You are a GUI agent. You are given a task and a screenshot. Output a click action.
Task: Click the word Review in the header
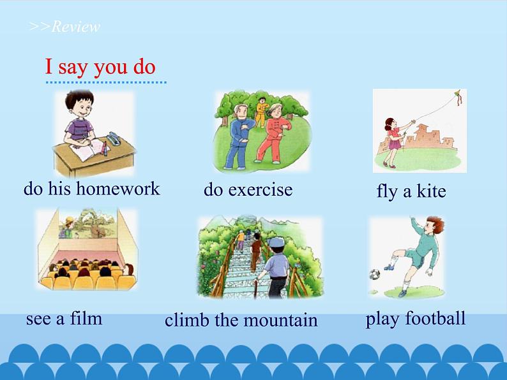75,27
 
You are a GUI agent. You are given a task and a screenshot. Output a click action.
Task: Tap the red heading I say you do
100,67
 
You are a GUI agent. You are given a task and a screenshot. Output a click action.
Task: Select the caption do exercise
248,189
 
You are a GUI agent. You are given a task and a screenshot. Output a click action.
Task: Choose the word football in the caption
434,318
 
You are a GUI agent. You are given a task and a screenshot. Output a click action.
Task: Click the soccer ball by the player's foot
374,275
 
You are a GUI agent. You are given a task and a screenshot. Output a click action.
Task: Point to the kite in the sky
457,98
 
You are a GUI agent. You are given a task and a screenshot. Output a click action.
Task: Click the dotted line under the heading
105,82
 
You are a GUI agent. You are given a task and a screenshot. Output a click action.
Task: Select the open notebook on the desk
88,150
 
